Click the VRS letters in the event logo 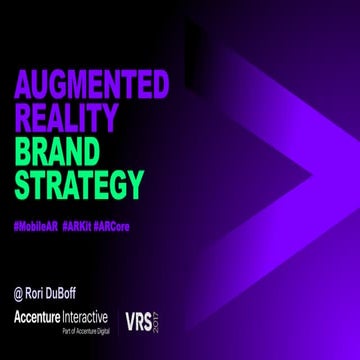pyautogui.click(x=138, y=322)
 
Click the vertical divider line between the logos pyautogui.click(x=116, y=322)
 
